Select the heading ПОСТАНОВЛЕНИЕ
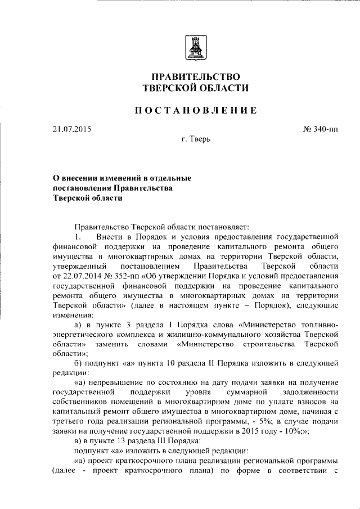tap(195, 111)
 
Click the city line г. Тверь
tap(196, 139)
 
